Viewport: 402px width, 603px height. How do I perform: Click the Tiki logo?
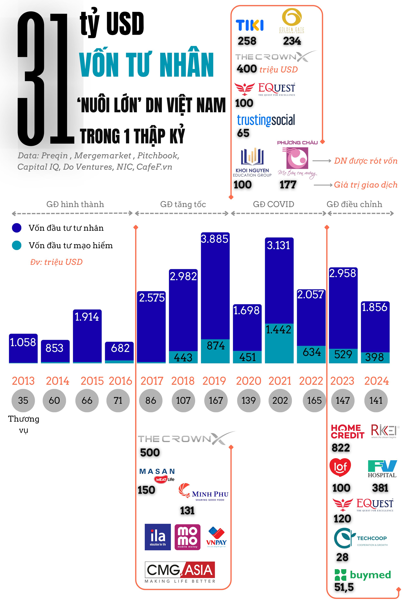click(x=249, y=25)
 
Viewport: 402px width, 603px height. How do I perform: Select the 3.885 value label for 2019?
click(x=215, y=239)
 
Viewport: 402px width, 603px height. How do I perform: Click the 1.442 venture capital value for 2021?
click(x=278, y=330)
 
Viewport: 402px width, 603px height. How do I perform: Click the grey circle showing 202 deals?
click(x=280, y=401)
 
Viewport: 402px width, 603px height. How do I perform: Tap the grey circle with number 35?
click(x=23, y=401)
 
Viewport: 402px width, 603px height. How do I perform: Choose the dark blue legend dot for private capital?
click(x=17, y=228)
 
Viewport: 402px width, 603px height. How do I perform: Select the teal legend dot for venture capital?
click(x=17, y=245)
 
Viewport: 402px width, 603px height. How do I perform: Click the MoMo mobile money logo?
click(x=187, y=537)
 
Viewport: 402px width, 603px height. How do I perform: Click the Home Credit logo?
click(x=347, y=432)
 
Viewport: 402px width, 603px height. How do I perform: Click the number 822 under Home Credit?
click(x=341, y=448)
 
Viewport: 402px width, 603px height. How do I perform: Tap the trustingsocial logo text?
click(x=266, y=120)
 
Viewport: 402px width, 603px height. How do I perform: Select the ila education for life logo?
click(x=158, y=537)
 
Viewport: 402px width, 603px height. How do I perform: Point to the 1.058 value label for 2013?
click(x=23, y=343)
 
